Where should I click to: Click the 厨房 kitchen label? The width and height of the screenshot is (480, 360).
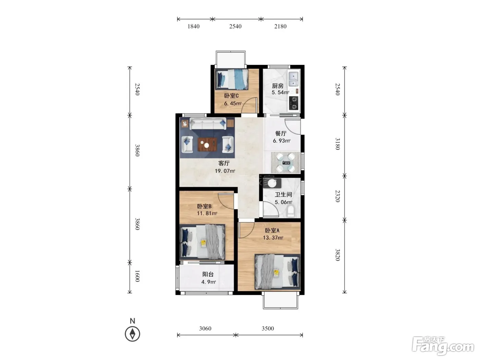click(277, 86)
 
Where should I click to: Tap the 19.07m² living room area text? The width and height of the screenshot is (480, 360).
click(225, 171)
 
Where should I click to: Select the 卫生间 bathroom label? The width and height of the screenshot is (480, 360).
click(284, 194)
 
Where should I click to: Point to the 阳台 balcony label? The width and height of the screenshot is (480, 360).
click(208, 274)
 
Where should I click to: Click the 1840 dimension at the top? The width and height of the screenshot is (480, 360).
click(193, 26)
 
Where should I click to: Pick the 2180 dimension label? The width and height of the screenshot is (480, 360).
click(280, 26)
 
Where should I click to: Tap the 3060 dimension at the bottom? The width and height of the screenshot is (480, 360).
click(205, 328)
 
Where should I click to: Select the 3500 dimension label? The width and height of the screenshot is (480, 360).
click(268, 328)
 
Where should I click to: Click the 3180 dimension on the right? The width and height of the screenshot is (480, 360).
click(338, 144)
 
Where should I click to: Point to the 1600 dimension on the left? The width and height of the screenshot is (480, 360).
click(137, 276)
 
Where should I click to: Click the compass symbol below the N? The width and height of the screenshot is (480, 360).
click(132, 334)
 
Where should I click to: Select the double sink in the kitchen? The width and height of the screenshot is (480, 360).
click(293, 79)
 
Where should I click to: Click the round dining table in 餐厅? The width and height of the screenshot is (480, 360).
click(286, 163)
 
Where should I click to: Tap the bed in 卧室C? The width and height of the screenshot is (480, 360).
click(231, 79)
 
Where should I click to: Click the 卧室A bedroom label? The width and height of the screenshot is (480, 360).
click(272, 230)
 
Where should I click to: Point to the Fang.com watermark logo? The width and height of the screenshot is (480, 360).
click(443, 346)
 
